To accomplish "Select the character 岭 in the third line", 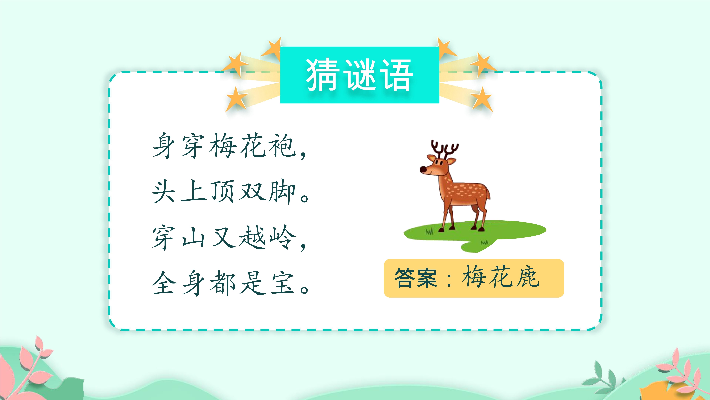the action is (x=282, y=237).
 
